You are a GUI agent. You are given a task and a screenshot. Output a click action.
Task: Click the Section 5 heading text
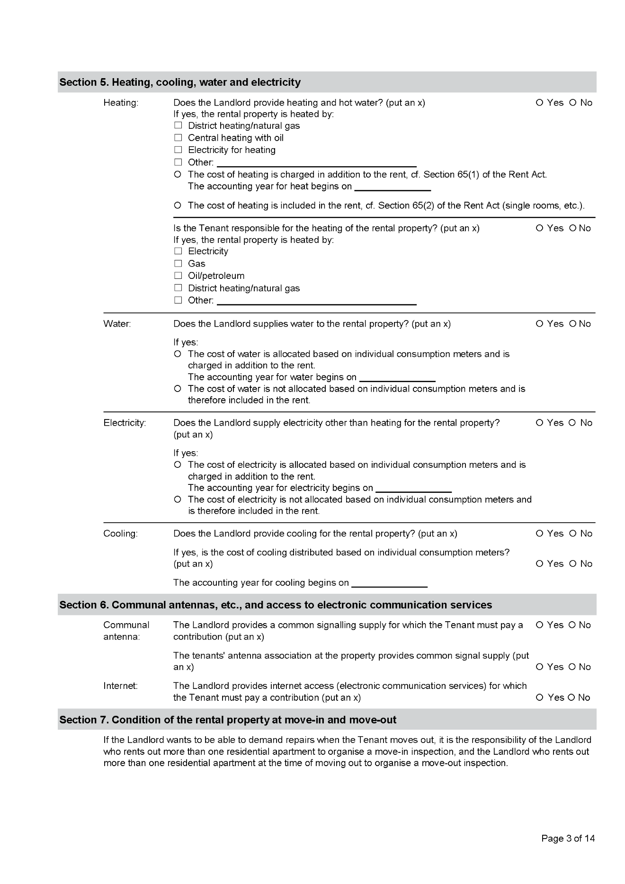pyautogui.click(x=180, y=82)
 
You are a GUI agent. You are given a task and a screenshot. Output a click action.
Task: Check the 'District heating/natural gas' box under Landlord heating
pyautogui.click(x=178, y=125)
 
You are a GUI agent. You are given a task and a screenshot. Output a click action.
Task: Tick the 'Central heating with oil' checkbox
pyautogui.click(x=178, y=138)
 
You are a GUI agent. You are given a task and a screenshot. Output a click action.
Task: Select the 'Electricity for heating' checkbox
pyautogui.click(x=178, y=150)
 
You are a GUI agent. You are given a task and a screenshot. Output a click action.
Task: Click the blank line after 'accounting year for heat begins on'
pyautogui.click(x=393, y=188)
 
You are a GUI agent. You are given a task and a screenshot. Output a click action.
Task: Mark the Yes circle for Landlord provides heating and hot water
pyautogui.click(x=540, y=103)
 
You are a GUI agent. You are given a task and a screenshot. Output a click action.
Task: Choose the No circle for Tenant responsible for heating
pyautogui.click(x=572, y=228)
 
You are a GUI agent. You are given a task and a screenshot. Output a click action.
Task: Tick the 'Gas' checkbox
pyautogui.click(x=178, y=263)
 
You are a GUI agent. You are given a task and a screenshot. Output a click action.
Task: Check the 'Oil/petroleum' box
pyautogui.click(x=178, y=276)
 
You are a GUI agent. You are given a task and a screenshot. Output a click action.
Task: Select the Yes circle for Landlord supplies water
pyautogui.click(x=540, y=324)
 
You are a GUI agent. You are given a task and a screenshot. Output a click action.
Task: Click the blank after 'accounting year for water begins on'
pyautogui.click(x=397, y=378)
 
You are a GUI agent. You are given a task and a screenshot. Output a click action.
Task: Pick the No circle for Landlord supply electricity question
pyautogui.click(x=572, y=423)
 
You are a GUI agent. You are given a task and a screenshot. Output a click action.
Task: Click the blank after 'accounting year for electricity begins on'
pyautogui.click(x=413, y=489)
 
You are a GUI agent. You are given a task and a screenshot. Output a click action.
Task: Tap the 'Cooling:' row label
pyautogui.click(x=121, y=534)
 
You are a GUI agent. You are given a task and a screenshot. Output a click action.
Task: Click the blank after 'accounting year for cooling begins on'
pyautogui.click(x=389, y=584)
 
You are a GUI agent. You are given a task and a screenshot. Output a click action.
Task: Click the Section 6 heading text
pyautogui.click(x=276, y=605)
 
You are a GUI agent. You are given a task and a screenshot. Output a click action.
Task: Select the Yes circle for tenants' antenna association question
pyautogui.click(x=540, y=667)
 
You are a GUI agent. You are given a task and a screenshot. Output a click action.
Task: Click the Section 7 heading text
pyautogui.click(x=228, y=720)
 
